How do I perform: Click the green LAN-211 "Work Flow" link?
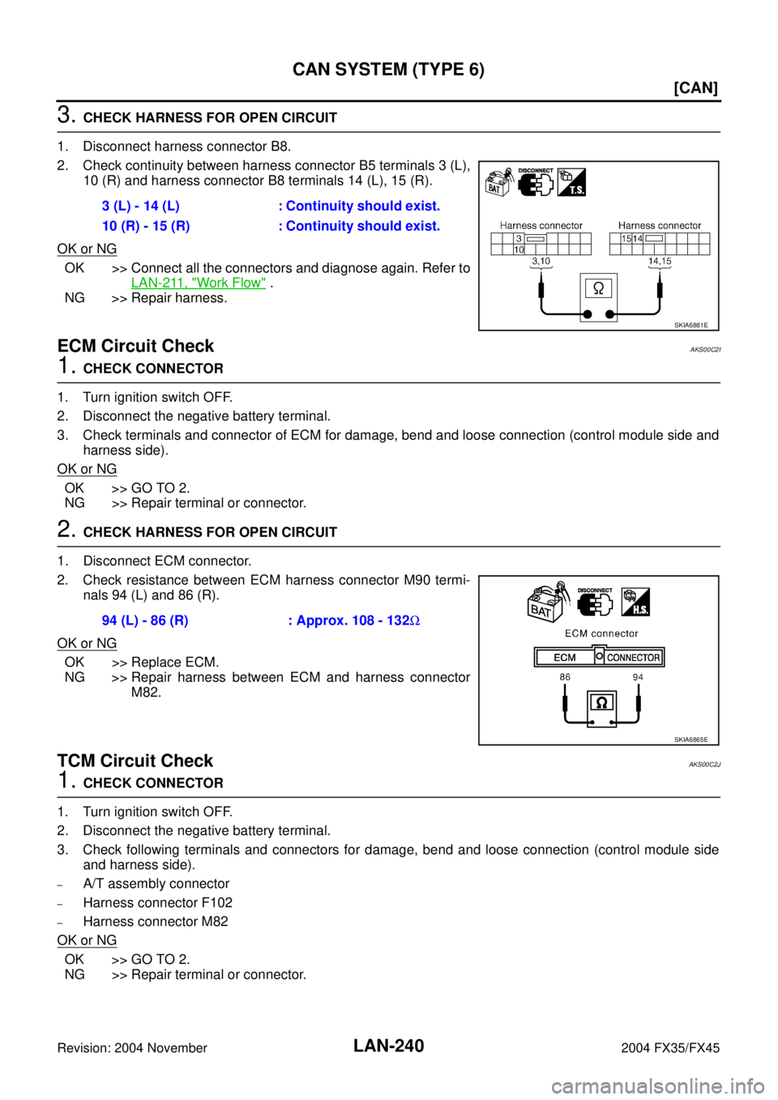tap(199, 283)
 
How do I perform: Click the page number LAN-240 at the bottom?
tap(388, 1046)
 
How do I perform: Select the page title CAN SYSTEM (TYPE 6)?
tap(388, 70)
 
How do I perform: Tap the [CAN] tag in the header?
tap(695, 88)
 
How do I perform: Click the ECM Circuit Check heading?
tap(135, 346)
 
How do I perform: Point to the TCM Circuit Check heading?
tap(135, 760)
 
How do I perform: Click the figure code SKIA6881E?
tap(690, 325)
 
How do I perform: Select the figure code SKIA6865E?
tap(690, 740)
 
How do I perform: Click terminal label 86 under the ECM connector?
tap(565, 676)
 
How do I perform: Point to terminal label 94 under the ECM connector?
tap(638, 676)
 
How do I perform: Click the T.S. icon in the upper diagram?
tap(571, 182)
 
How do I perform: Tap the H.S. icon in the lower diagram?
tap(635, 602)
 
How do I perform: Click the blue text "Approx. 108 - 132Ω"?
tap(354, 620)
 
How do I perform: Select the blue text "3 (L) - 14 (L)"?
tap(140, 206)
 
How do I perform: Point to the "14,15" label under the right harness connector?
tap(659, 262)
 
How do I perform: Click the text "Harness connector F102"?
tap(158, 902)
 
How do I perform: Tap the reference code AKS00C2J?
tap(704, 765)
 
